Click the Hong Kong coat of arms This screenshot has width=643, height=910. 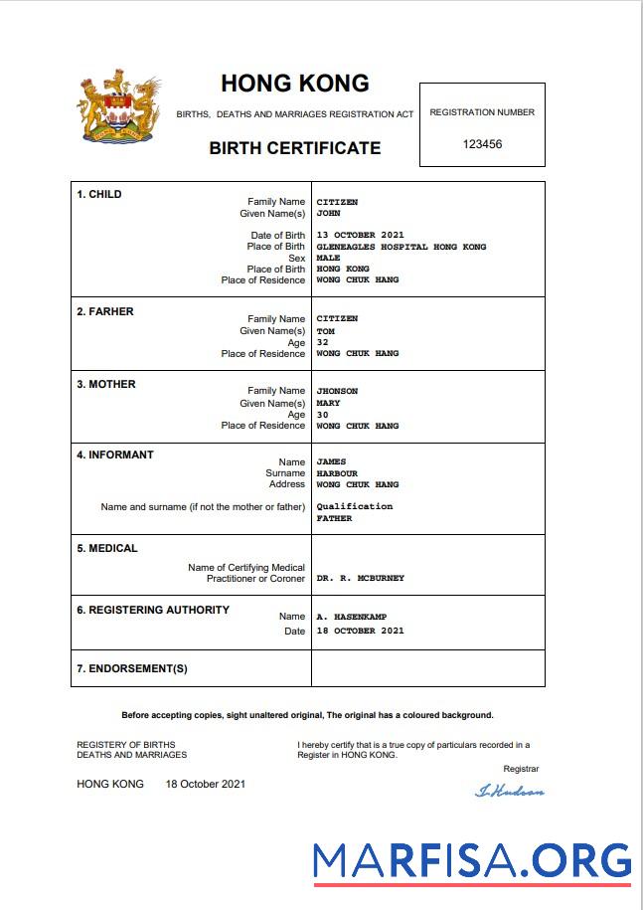pyautogui.click(x=119, y=109)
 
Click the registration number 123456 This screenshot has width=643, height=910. pyautogui.click(x=482, y=144)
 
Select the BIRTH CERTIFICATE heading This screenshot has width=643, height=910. pyautogui.click(x=294, y=148)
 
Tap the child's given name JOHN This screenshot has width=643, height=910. pyautogui.click(x=328, y=213)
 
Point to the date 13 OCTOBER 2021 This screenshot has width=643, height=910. pyautogui.click(x=360, y=236)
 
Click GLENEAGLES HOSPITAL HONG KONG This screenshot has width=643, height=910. pyautogui.click(x=402, y=247)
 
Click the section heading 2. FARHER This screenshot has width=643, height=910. pyautogui.click(x=105, y=311)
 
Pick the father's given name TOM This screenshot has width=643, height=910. pyautogui.click(x=325, y=331)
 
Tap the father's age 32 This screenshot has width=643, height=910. pyautogui.click(x=322, y=342)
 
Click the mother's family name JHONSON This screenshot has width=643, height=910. pyautogui.click(x=337, y=391)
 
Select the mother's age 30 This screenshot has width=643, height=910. pyautogui.click(x=322, y=414)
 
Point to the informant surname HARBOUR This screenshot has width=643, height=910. pyautogui.click(x=337, y=473)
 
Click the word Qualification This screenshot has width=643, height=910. pyautogui.click(x=354, y=506)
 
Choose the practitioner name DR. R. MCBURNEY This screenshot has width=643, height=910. pyautogui.click(x=360, y=578)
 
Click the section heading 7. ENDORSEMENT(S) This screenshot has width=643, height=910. pyautogui.click(x=132, y=668)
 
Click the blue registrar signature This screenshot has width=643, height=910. pyautogui.click(x=510, y=791)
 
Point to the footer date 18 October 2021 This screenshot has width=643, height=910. pyautogui.click(x=206, y=784)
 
